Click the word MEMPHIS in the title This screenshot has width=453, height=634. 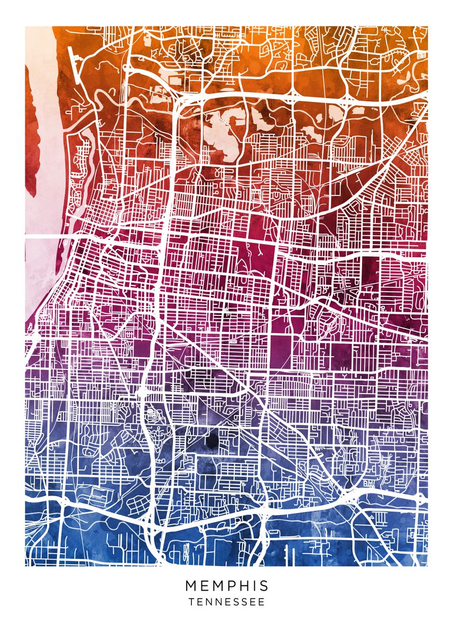(227, 586)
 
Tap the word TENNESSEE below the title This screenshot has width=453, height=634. (227, 602)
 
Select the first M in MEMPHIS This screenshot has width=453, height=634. (191, 586)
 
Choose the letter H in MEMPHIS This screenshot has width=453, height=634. (245, 586)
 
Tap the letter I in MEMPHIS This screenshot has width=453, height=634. (255, 586)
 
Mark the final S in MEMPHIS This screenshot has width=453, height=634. (264, 586)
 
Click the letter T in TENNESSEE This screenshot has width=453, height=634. (191, 602)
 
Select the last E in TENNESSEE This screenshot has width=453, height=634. (262, 602)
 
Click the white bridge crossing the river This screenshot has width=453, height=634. (50, 236)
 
